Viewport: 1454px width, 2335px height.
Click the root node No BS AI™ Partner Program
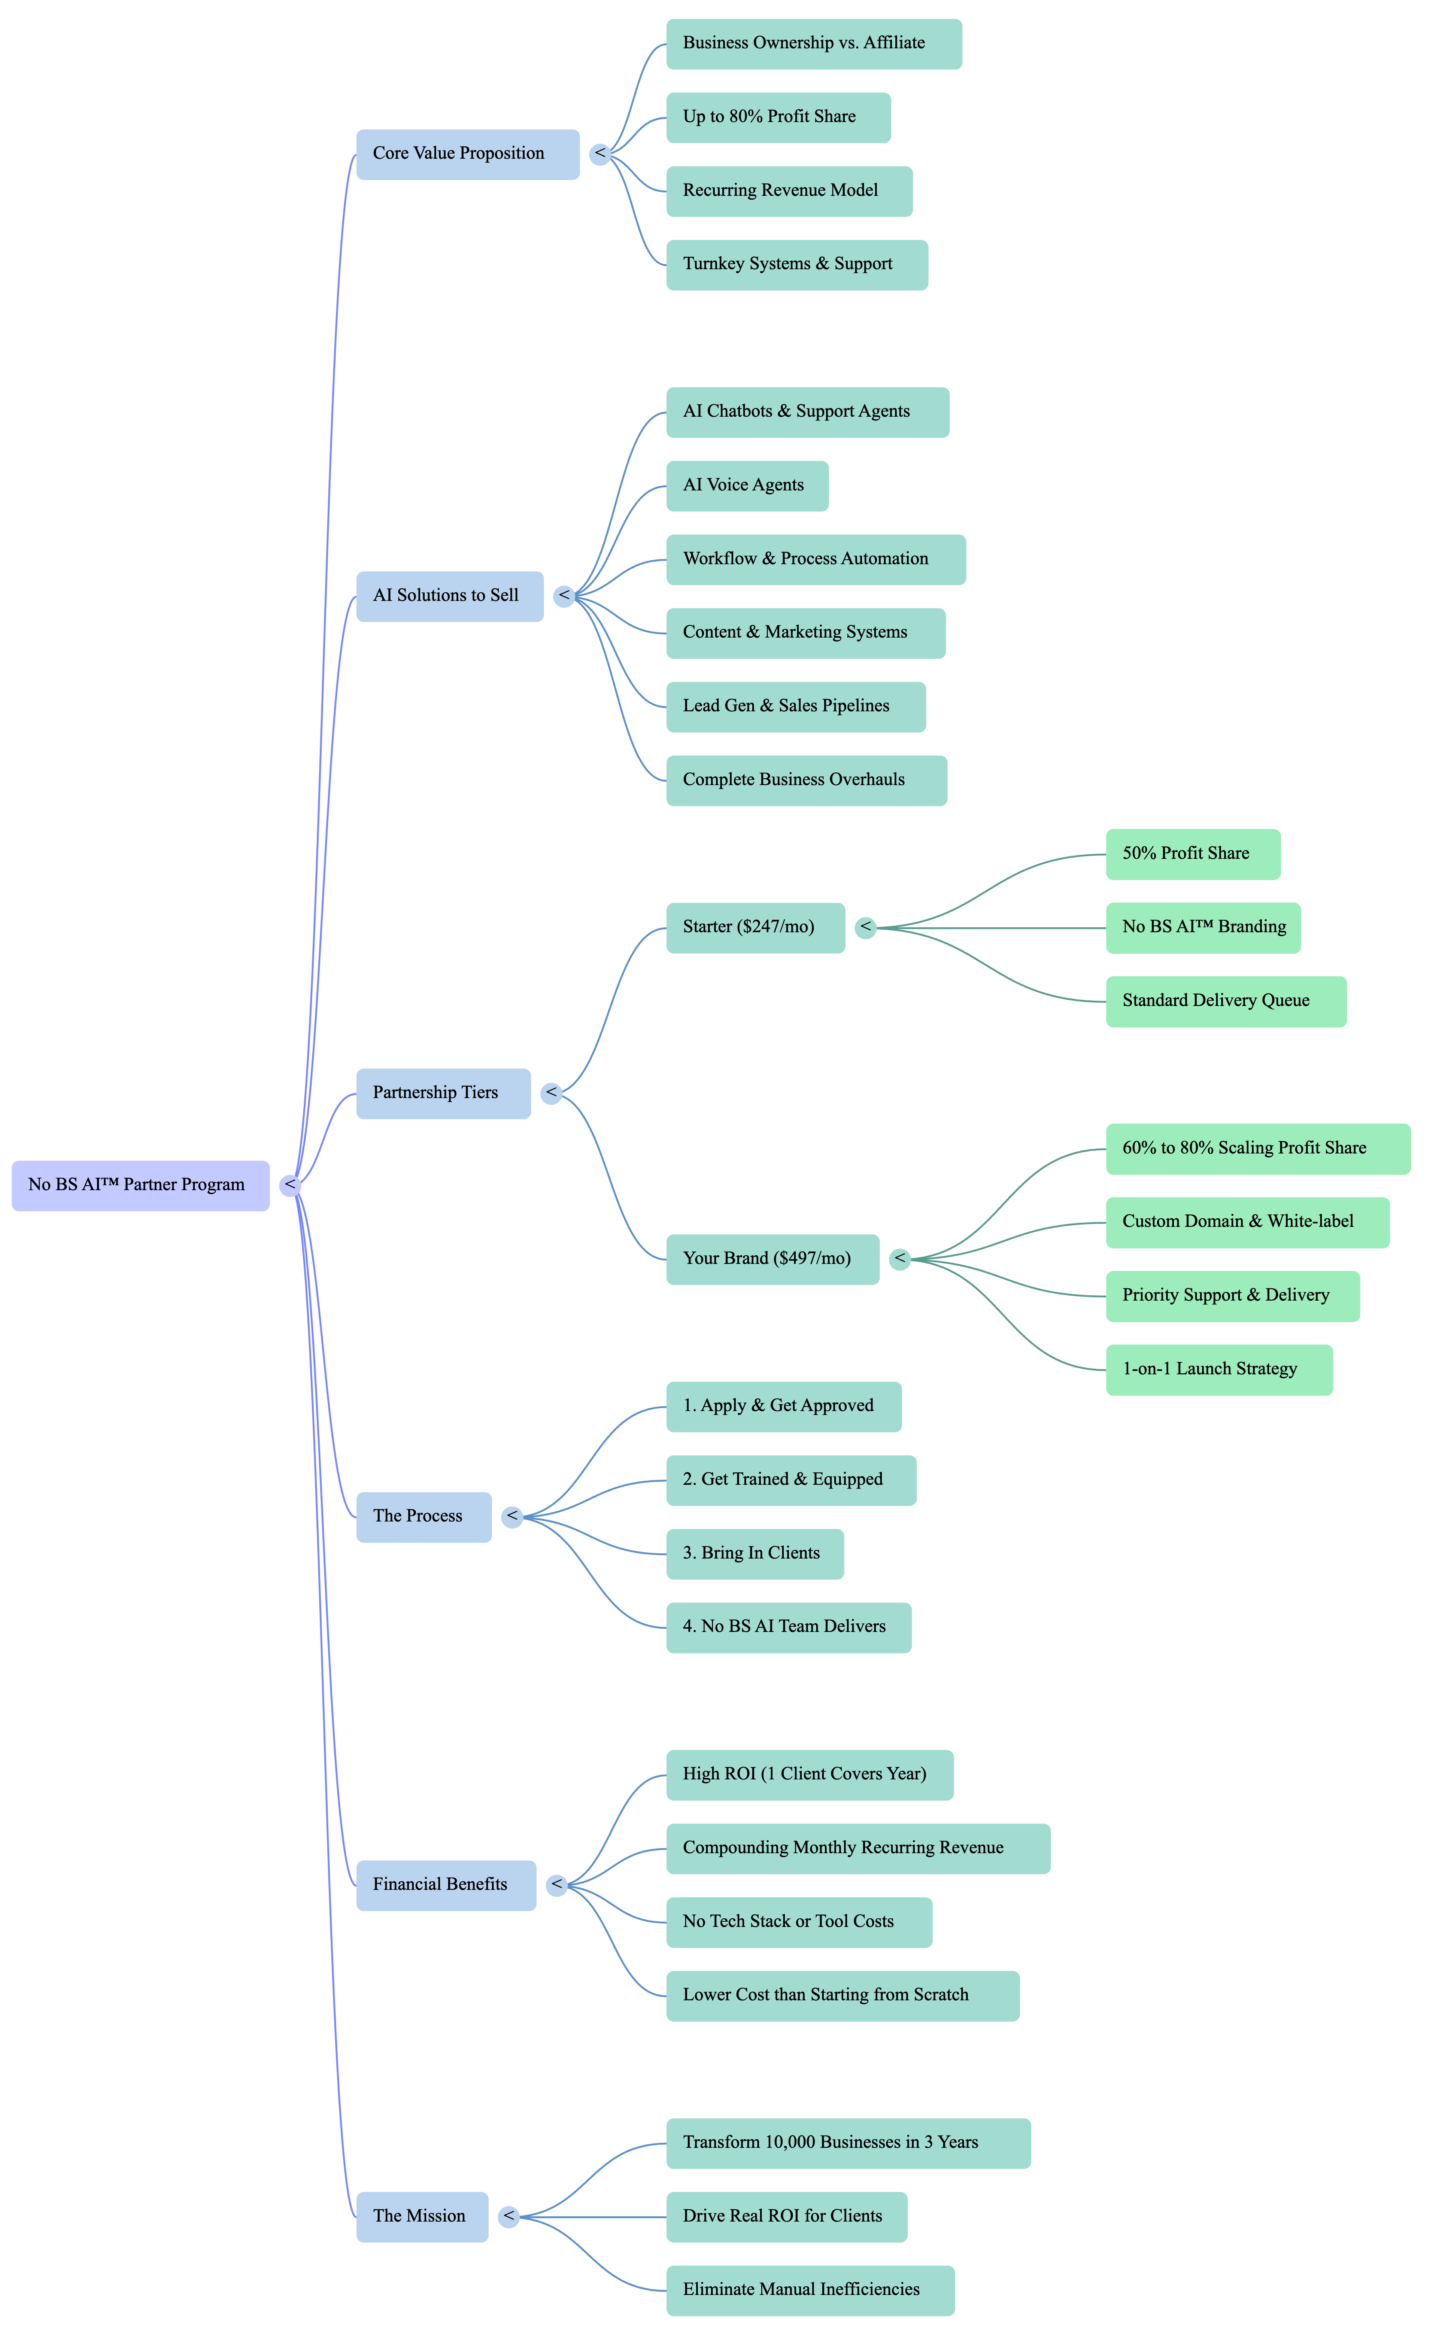point(140,1185)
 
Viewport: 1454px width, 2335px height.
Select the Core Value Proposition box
point(467,154)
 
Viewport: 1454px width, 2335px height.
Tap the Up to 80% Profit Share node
point(778,117)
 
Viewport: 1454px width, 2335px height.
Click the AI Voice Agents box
point(746,486)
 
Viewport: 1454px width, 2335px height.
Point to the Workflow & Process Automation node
point(816,559)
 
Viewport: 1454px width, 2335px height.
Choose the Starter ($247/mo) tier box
point(755,928)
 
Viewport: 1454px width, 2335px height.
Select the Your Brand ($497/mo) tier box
point(772,1259)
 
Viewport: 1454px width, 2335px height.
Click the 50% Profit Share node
point(1192,854)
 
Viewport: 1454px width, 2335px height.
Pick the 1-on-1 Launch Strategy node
point(1218,1370)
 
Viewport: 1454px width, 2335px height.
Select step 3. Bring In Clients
point(755,1553)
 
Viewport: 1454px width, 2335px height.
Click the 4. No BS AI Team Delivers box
point(789,1627)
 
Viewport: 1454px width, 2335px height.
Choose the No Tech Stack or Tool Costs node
point(798,1922)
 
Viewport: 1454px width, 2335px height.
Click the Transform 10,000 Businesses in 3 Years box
point(848,2143)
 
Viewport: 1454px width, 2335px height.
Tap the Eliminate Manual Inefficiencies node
point(810,2290)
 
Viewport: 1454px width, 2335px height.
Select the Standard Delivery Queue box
point(1225,1002)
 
